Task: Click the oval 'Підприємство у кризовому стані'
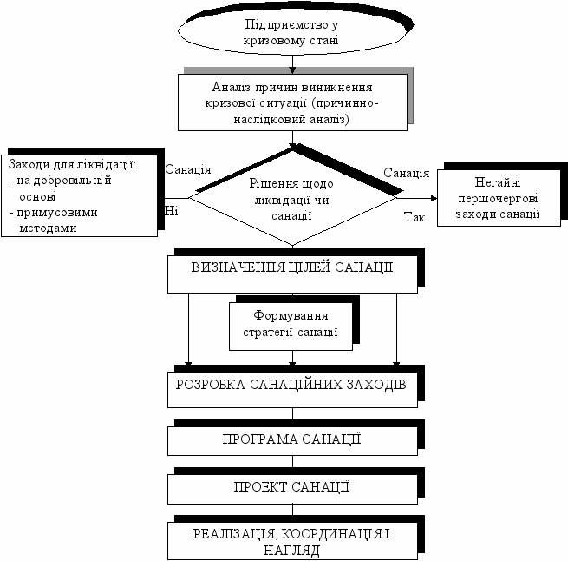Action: (292, 33)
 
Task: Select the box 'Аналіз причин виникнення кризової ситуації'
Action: (291, 102)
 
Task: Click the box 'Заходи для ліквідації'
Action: (81, 195)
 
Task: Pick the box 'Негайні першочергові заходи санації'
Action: (490, 198)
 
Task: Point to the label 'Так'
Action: (415, 217)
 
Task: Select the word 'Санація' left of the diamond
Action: (188, 169)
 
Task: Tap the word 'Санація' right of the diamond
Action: (406, 172)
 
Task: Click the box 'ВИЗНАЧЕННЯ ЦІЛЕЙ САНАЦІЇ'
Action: (291, 269)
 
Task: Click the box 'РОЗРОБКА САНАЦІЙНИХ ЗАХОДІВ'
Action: (291, 387)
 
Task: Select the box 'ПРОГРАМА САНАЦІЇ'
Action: (291, 439)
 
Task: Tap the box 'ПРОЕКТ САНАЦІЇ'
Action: (291, 487)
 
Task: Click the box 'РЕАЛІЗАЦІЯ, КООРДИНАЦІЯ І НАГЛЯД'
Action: (291, 540)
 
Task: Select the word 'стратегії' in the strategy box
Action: (275, 333)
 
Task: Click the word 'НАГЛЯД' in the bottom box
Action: (291, 550)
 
